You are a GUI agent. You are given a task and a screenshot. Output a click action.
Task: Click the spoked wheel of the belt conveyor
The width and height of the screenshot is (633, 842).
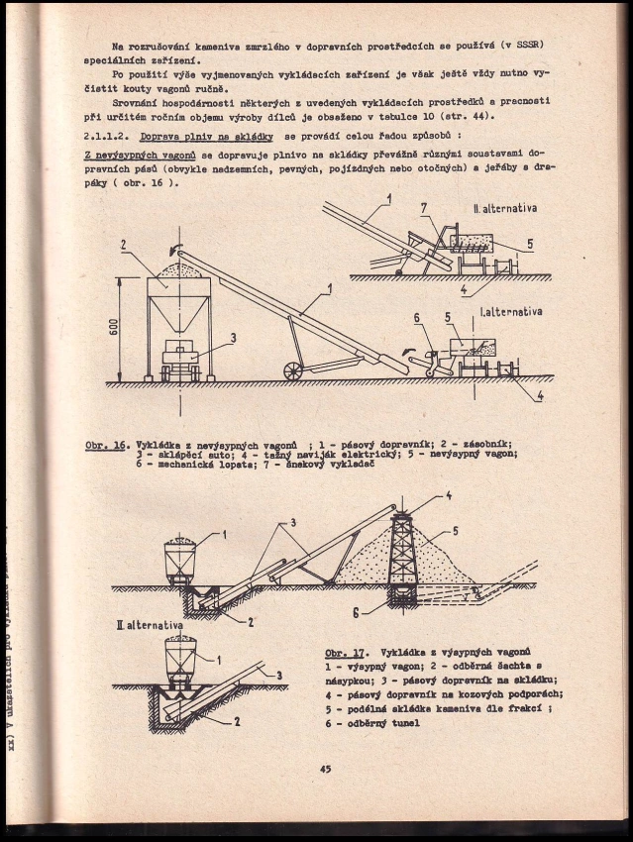(x=293, y=369)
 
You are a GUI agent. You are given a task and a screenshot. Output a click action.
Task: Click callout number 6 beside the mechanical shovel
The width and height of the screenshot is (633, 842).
(x=418, y=319)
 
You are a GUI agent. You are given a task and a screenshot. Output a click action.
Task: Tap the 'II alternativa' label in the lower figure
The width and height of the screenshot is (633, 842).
(x=152, y=626)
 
